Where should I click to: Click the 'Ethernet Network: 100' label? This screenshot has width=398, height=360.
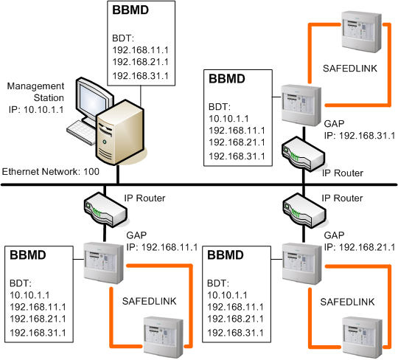49,171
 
